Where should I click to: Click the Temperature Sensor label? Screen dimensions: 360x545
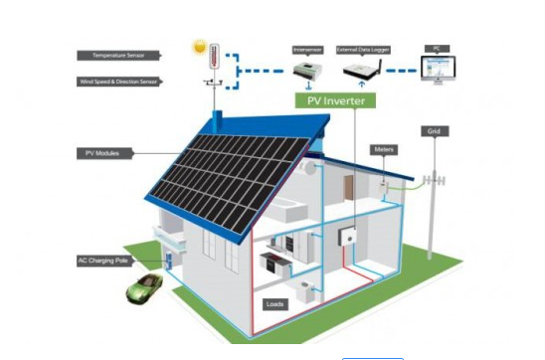[x=117, y=56]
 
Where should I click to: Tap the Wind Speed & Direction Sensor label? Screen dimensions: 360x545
[x=117, y=82]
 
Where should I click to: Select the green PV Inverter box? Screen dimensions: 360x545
[x=334, y=100]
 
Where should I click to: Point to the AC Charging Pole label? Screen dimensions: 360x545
[x=101, y=261]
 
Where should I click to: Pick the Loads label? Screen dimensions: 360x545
[x=275, y=302]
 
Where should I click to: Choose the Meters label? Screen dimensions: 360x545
[x=385, y=149]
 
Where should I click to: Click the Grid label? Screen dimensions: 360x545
[x=433, y=131]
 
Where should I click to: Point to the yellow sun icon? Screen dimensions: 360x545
[x=199, y=47]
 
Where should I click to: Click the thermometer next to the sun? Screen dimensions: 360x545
[x=212, y=53]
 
